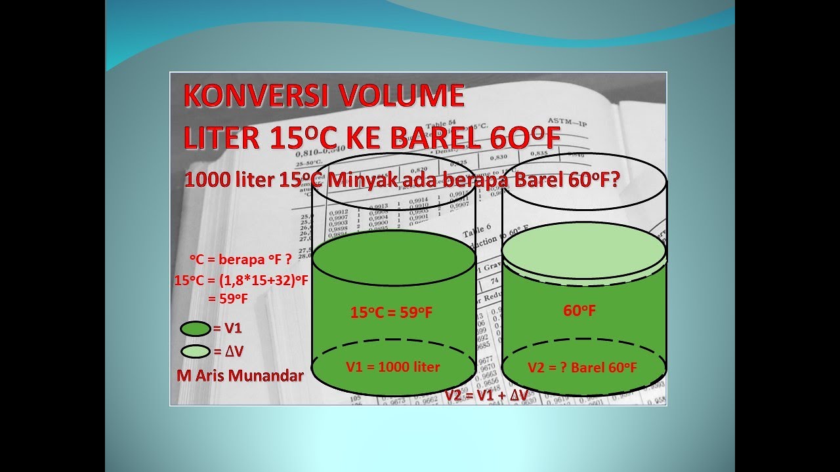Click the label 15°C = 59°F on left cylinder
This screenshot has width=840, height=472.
point(391,313)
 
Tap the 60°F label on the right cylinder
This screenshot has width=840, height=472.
point(579,311)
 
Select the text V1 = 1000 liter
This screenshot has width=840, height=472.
point(393,366)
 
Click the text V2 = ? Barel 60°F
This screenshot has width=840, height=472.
point(582,368)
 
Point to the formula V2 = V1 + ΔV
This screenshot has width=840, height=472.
point(486,395)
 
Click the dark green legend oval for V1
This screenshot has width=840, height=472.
point(195,328)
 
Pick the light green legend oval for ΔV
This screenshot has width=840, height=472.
point(195,351)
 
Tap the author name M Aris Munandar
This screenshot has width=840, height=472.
point(240,376)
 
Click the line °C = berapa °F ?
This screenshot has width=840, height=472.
point(241,258)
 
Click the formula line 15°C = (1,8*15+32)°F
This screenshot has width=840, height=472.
point(241,280)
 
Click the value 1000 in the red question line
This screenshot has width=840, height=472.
point(205,180)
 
